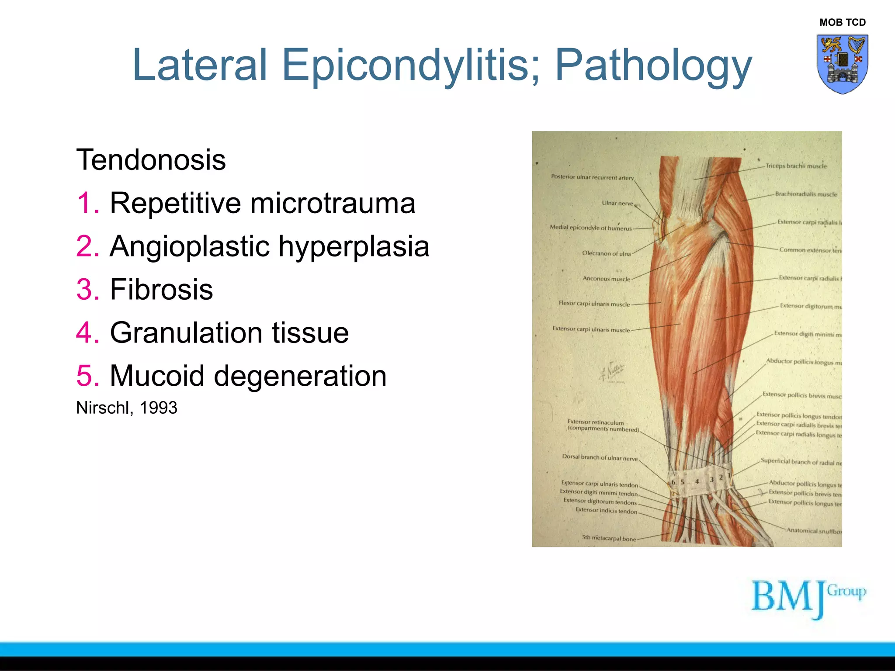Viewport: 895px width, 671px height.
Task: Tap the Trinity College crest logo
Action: tap(842, 64)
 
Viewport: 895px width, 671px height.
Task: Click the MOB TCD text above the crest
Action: tap(842, 22)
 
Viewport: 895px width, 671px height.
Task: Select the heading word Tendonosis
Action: tap(151, 160)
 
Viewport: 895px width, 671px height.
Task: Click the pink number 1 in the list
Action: tap(87, 203)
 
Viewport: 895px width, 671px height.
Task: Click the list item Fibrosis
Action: tap(161, 289)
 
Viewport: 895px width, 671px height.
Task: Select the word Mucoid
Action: tap(157, 376)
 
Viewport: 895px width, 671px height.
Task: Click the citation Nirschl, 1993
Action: tap(127, 408)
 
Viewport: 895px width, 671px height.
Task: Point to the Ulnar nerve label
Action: tap(617, 203)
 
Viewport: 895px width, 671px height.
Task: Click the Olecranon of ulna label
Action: tap(606, 253)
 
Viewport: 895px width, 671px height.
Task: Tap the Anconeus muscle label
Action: tap(606, 279)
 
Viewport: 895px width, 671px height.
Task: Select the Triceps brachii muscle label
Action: tap(796, 166)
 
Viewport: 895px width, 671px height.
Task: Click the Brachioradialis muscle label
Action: tap(806, 194)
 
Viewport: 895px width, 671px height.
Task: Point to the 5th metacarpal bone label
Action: tap(609, 538)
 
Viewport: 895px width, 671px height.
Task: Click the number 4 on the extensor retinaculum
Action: tap(697, 481)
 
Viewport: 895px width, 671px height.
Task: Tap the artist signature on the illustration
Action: tap(612, 371)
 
